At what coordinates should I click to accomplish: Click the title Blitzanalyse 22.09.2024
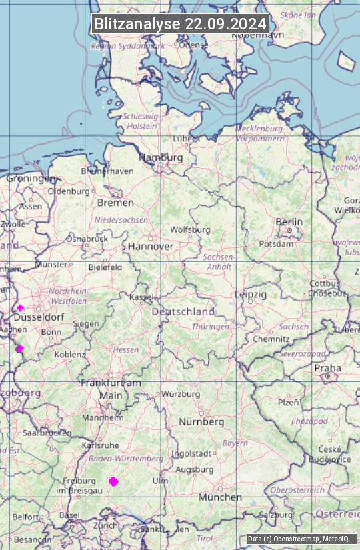coord(180,24)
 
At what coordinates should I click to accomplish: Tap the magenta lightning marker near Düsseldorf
coord(21,308)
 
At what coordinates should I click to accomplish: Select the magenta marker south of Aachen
coord(20,348)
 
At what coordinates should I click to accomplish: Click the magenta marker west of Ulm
coord(113,481)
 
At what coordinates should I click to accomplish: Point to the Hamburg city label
coord(161,158)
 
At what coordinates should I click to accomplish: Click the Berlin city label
coord(289,222)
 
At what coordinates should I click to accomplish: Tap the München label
coord(220,497)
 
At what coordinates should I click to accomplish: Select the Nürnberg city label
coord(201,422)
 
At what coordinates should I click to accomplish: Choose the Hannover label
coord(151,247)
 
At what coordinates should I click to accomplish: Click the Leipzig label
coord(250,294)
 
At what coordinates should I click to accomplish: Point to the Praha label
coord(327,368)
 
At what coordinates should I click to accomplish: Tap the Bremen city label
coord(115,203)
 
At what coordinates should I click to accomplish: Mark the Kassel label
coord(141,297)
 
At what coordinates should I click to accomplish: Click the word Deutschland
coord(183,311)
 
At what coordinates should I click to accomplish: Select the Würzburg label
coord(181,394)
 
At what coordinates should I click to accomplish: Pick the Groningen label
coord(31,179)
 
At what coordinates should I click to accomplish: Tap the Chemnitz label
coord(270,339)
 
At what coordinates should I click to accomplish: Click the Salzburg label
coord(276,515)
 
